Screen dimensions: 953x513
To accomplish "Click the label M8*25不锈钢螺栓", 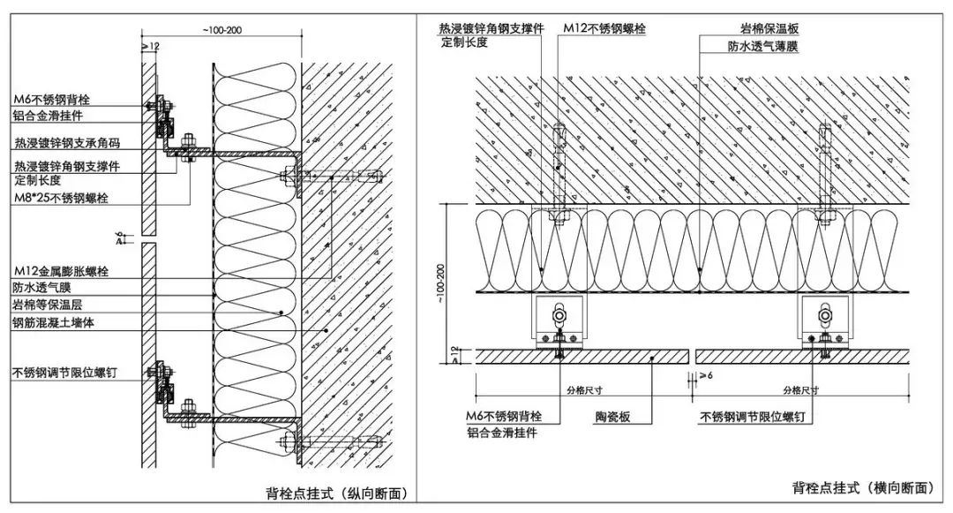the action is tap(62, 198).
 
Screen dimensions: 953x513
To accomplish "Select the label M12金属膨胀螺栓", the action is tap(62, 271).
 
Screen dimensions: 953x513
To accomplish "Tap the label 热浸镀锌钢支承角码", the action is tap(67, 143).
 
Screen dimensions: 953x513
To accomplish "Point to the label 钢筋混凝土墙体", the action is tap(54, 323).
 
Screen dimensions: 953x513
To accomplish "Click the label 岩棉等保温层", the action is tap(48, 306).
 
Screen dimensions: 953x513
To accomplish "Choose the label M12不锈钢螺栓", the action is tap(604, 28).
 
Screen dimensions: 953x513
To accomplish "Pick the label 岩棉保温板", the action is tap(769, 28).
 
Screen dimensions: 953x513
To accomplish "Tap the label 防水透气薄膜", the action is tap(762, 46).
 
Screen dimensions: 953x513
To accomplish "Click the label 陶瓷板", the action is tap(612, 417).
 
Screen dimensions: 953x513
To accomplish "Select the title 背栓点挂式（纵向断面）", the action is tap(336, 493).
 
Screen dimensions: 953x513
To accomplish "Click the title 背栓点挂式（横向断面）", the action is tap(862, 487).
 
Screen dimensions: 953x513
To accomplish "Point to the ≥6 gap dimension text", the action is tap(705, 375).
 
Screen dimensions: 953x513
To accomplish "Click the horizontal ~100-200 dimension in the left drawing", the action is tap(221, 30).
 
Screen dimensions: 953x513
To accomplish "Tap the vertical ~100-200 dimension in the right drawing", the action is tap(440, 283).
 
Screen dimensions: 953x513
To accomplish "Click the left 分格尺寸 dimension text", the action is tap(585, 390).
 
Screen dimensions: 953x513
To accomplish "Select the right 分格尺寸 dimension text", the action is tap(801, 390).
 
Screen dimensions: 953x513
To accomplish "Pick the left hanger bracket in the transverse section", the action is tap(559, 321).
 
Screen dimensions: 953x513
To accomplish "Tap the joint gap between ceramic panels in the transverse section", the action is tap(692, 357).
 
